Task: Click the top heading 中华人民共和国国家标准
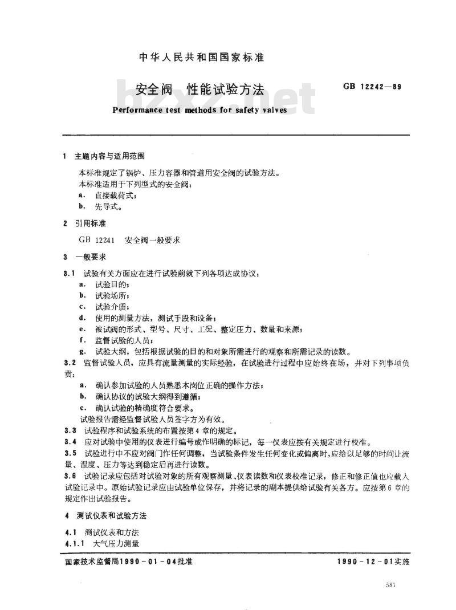pyautogui.click(x=202, y=58)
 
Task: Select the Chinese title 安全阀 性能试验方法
pyautogui.click(x=199, y=90)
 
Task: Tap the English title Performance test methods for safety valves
pyautogui.click(x=199, y=110)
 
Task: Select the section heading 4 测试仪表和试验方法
pyautogui.click(x=105, y=515)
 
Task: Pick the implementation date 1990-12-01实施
pyautogui.click(x=373, y=562)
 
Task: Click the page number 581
pyautogui.click(x=390, y=586)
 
